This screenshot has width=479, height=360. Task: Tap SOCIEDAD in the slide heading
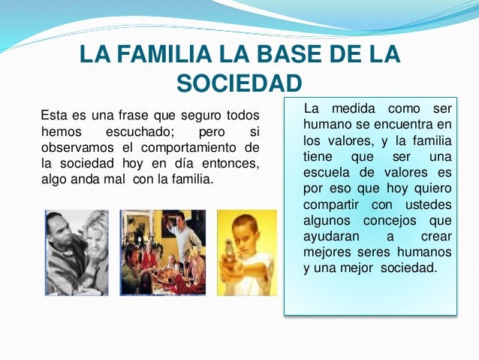(x=239, y=83)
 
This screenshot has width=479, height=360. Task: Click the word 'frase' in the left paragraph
(x=133, y=116)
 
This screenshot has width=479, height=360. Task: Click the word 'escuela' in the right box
(x=328, y=172)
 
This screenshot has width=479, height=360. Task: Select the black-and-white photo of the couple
(x=76, y=252)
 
